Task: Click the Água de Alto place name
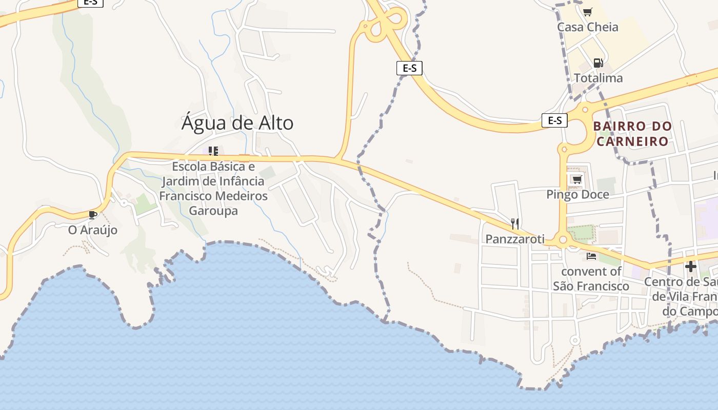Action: tap(237, 123)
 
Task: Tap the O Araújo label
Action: tap(93, 230)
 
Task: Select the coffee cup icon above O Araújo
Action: tap(92, 214)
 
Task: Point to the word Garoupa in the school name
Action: tap(213, 211)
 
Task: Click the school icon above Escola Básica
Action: tap(213, 151)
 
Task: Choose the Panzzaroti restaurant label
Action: tap(514, 239)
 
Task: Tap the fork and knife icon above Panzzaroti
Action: tap(515, 223)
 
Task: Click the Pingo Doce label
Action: tap(577, 195)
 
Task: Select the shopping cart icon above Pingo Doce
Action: tap(577, 179)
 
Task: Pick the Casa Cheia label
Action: tap(588, 27)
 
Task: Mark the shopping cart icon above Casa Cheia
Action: tap(588, 12)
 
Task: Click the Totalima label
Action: tap(598, 78)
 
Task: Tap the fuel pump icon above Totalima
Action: tap(598, 63)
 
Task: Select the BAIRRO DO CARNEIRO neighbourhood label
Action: tap(632, 133)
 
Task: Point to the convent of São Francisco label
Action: tap(591, 279)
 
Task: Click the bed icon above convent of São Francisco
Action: tap(591, 256)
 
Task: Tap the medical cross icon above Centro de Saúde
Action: tap(691, 266)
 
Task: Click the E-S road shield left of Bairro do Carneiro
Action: tap(555, 120)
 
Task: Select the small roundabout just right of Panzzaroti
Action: tap(563, 240)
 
